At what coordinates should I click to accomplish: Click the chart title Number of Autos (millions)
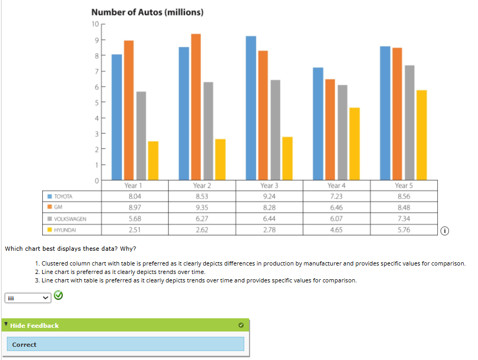click(x=147, y=12)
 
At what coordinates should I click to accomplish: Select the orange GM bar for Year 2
click(x=196, y=106)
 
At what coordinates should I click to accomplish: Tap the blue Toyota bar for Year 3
click(x=251, y=108)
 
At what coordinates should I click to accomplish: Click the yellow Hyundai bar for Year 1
click(x=153, y=160)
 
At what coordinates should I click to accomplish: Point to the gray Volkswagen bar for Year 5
click(x=409, y=122)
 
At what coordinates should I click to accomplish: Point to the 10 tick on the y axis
click(x=94, y=24)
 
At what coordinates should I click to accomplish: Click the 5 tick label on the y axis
click(x=95, y=102)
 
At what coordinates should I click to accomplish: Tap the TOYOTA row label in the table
click(x=64, y=196)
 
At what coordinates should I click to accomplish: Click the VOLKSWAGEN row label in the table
click(x=71, y=219)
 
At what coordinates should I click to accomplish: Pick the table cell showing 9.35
click(x=202, y=207)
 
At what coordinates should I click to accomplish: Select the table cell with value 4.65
click(x=336, y=230)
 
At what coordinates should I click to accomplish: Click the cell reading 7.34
click(x=403, y=219)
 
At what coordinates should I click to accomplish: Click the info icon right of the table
click(x=445, y=231)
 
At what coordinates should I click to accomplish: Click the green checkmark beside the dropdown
click(x=59, y=297)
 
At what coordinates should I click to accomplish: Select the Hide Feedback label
click(x=34, y=326)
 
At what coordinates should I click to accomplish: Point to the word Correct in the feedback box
click(x=24, y=345)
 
